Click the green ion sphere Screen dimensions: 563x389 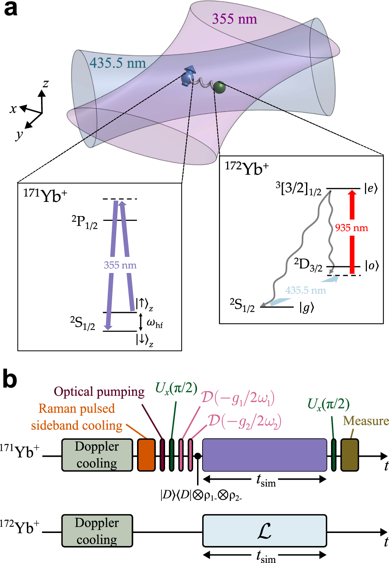pos(219,87)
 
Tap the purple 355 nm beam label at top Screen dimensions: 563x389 pos(235,19)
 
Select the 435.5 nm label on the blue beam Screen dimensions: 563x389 pos(118,63)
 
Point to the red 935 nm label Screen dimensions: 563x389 pos(351,228)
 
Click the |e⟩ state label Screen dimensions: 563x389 pos(371,188)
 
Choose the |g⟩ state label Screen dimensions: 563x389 pos(306,307)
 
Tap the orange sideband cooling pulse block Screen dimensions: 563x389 pos(146,455)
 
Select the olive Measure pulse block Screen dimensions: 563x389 pos(350,455)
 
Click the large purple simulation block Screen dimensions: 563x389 pos(265,455)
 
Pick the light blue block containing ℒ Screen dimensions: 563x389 pos(265,531)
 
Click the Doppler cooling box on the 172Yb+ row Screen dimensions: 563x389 pos(97,531)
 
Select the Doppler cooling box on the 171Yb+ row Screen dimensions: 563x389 pos(97,455)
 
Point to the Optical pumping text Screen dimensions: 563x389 pos(99,392)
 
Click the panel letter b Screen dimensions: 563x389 pos(10,379)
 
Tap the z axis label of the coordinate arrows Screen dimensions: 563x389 pos(46,83)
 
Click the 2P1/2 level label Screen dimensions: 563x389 pos(85,222)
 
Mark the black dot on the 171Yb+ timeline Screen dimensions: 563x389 pos(197,456)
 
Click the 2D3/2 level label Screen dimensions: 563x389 pos(308,265)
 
